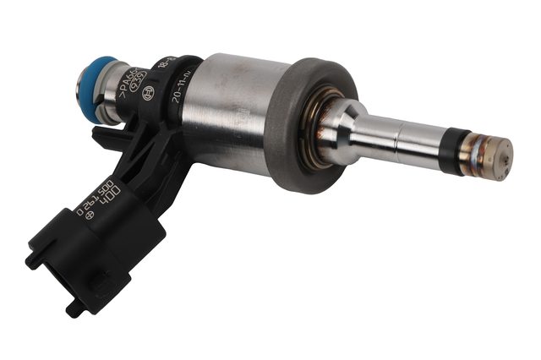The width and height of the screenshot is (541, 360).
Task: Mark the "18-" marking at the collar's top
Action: pyautogui.click(x=182, y=65)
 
